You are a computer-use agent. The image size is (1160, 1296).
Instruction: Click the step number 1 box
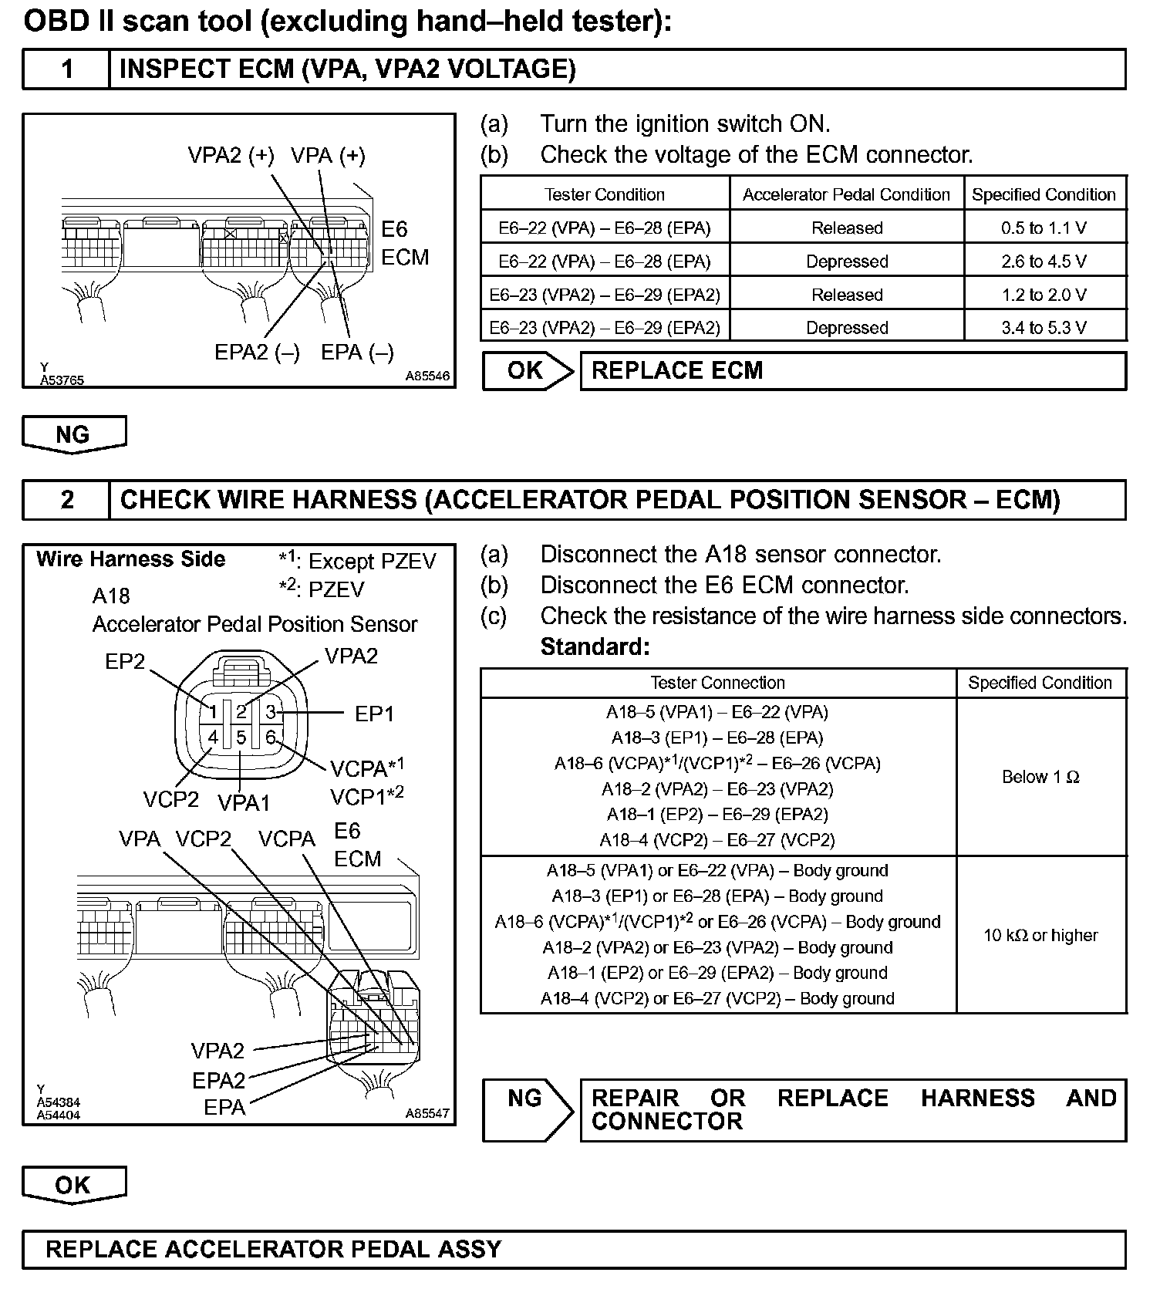(x=67, y=69)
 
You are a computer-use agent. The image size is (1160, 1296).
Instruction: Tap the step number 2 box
(x=67, y=500)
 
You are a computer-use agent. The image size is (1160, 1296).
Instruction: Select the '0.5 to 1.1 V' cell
(x=1044, y=228)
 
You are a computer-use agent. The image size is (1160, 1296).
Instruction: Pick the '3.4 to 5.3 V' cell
(x=1044, y=328)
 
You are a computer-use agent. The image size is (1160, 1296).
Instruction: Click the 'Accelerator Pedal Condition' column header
(x=846, y=194)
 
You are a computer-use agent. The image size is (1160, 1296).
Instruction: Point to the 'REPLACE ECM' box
(x=851, y=371)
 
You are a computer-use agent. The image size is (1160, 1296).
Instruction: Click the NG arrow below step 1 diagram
(x=74, y=434)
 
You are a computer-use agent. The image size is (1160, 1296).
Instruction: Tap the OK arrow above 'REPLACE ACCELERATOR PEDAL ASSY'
(x=74, y=1185)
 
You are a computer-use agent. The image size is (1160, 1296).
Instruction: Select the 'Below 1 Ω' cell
(x=1040, y=777)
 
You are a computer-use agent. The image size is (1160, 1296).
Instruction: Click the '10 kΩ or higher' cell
(x=1040, y=935)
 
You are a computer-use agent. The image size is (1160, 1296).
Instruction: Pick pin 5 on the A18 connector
(x=241, y=737)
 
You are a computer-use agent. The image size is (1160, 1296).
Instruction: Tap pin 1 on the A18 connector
(x=213, y=711)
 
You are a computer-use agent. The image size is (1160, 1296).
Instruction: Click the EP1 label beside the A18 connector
(x=374, y=714)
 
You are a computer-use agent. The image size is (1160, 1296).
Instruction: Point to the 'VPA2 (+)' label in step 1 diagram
(x=231, y=156)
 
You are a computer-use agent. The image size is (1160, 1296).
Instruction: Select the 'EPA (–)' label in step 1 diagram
(x=357, y=353)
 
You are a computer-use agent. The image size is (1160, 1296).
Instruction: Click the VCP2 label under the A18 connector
(x=170, y=799)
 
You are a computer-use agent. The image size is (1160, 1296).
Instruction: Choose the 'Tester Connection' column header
(x=717, y=683)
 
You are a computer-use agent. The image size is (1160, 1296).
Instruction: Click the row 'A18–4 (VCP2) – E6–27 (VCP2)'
(x=717, y=839)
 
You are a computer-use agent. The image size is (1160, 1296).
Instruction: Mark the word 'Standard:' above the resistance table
(x=595, y=646)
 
